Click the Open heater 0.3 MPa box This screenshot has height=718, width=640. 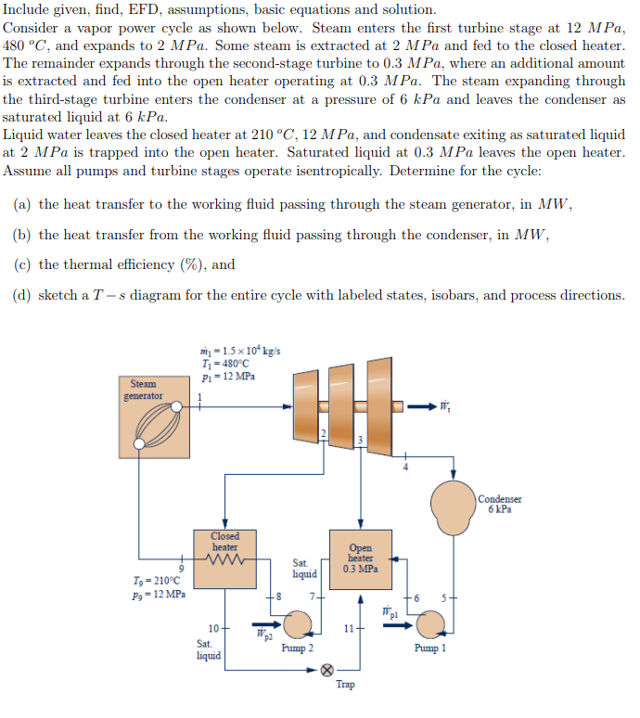coord(360,558)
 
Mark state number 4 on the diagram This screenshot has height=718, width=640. coord(403,467)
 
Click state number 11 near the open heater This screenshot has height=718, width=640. coord(349,630)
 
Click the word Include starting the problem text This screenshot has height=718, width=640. coord(27,9)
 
